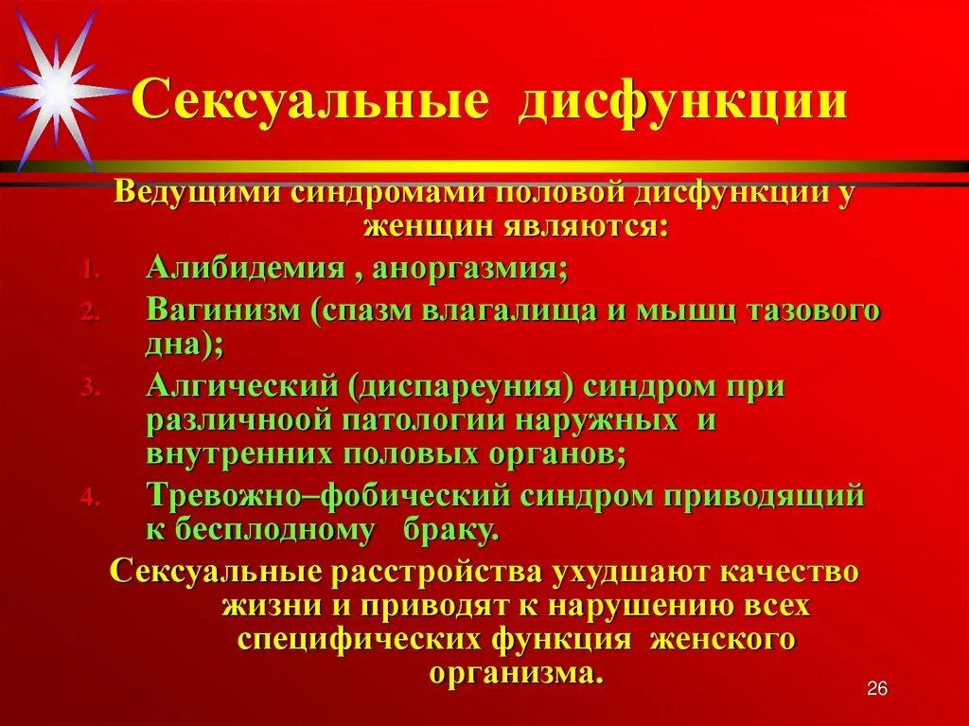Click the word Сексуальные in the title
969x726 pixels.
point(309,100)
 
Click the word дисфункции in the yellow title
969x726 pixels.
point(681,100)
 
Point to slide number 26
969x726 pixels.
point(877,689)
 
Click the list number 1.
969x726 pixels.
point(86,271)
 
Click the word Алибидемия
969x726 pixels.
point(245,268)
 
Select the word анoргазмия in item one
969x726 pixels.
point(469,268)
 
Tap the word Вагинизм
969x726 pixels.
point(225,311)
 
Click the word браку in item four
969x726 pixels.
point(455,530)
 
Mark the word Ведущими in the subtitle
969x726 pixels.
point(198,192)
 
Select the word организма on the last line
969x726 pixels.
point(515,672)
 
